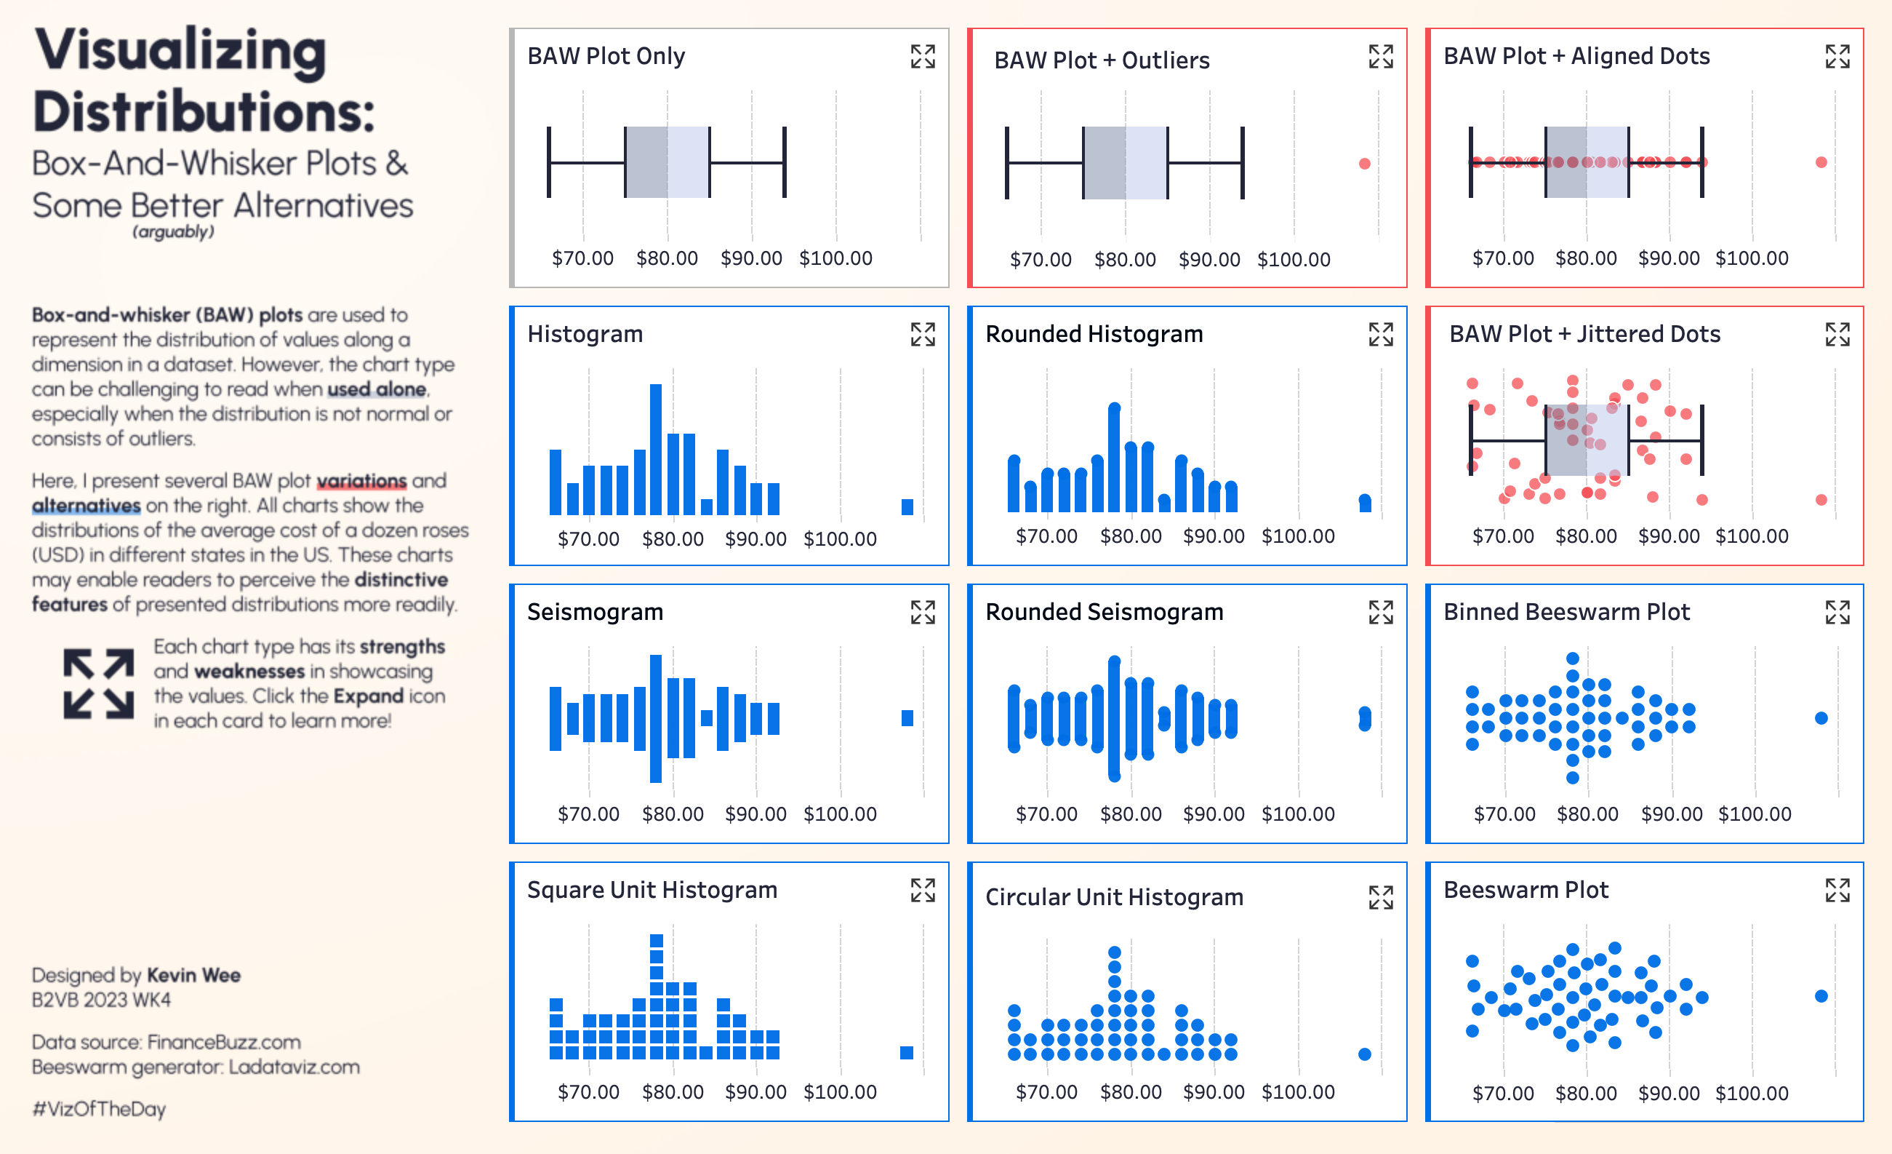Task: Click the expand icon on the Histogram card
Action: (922, 334)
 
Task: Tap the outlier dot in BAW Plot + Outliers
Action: (1365, 164)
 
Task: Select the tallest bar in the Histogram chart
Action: (656, 449)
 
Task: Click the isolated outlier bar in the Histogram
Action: (907, 507)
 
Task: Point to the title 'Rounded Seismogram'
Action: (1105, 612)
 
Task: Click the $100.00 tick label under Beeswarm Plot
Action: (1752, 1093)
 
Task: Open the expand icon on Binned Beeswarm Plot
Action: (1837, 613)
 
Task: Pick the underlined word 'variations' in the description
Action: (361, 481)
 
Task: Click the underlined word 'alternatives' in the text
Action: (86, 506)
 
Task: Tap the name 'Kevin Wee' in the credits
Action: (193, 975)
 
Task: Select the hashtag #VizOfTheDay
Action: (99, 1109)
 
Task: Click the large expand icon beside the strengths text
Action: (98, 684)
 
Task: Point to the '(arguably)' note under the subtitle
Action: (174, 232)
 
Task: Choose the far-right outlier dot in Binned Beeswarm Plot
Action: (1821, 718)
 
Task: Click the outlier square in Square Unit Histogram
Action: (907, 1053)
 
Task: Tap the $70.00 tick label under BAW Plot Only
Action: (583, 258)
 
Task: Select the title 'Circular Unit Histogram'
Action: (1114, 896)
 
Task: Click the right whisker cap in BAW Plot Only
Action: (785, 163)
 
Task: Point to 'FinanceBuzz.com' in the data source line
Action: (224, 1042)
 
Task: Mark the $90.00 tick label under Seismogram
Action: (755, 813)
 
